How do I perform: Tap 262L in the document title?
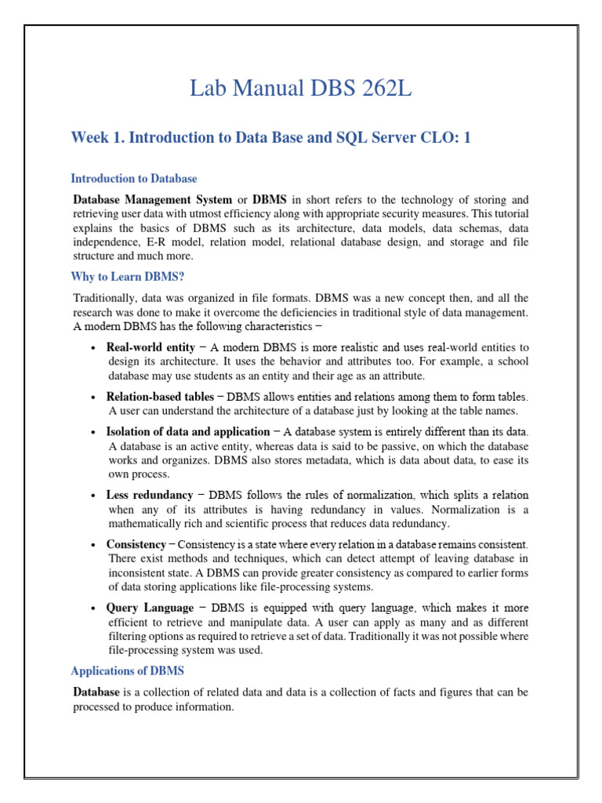click(x=380, y=90)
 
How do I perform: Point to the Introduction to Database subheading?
click(x=133, y=179)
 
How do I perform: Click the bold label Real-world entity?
click(x=150, y=347)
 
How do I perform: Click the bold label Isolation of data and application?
click(x=187, y=432)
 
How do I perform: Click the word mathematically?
click(x=142, y=524)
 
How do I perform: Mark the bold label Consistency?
click(x=136, y=544)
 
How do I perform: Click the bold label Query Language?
click(x=149, y=608)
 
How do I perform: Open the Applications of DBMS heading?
click(x=127, y=671)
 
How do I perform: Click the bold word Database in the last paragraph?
click(x=96, y=692)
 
